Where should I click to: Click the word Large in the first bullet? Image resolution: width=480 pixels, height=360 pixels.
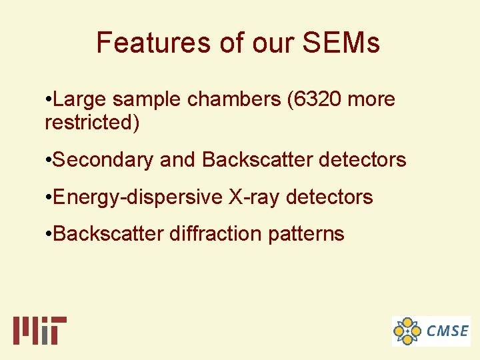[x=80, y=100]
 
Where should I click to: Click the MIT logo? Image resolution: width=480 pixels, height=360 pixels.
[x=40, y=330]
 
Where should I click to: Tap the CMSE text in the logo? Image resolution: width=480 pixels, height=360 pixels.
[x=447, y=331]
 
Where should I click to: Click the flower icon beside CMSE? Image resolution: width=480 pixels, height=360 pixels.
[x=407, y=331]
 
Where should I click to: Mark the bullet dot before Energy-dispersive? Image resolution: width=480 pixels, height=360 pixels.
[x=47, y=197]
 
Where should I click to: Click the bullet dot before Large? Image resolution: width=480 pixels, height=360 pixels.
[x=47, y=100]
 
